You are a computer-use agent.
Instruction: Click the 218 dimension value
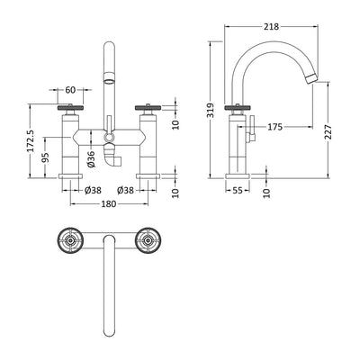271,27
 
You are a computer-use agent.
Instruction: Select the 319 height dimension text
211,111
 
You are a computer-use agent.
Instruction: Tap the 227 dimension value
328,131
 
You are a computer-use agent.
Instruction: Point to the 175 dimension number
275,127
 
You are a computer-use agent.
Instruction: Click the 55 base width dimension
238,191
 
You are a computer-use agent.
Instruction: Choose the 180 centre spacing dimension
109,204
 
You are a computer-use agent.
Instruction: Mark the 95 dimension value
46,157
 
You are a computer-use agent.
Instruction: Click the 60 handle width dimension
70,90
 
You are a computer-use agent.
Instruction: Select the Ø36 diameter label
91,159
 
